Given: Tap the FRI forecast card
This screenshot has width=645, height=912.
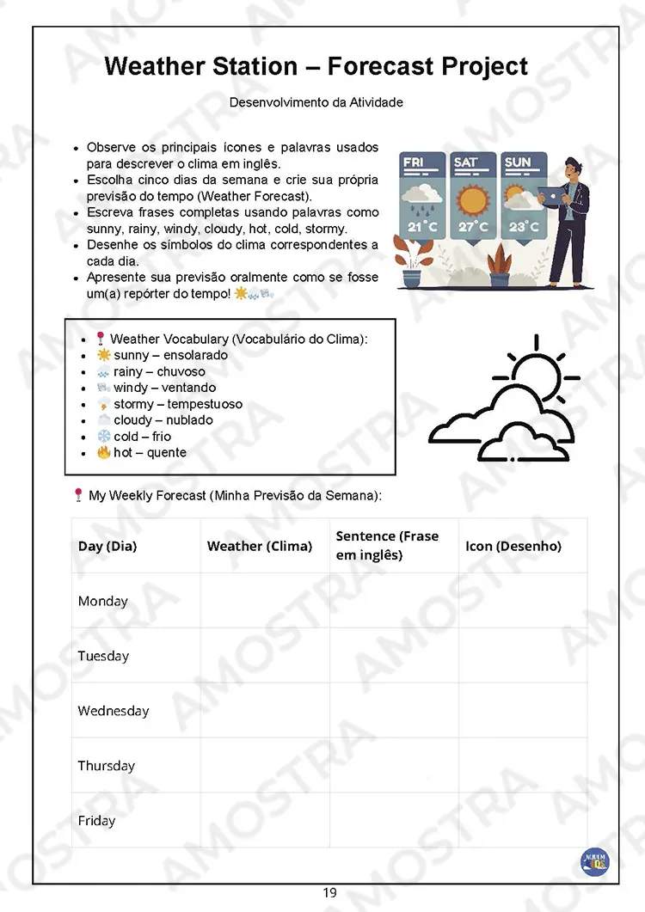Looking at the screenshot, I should (x=422, y=198).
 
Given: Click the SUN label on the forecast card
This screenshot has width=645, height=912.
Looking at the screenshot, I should (x=518, y=162).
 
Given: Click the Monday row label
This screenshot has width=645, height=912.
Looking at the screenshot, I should (x=102, y=601).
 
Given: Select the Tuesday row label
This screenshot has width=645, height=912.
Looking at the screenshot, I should (x=103, y=656).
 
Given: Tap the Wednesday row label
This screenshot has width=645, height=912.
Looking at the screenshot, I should (x=113, y=711).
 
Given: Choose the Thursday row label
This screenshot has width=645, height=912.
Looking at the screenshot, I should (x=106, y=766).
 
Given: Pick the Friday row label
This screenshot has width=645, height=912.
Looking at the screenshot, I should (x=96, y=821).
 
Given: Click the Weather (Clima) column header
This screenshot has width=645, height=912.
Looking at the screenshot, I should (x=259, y=546).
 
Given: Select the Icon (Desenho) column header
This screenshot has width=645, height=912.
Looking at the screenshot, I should (x=513, y=546).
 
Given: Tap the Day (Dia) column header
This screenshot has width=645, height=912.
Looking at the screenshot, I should (x=107, y=546).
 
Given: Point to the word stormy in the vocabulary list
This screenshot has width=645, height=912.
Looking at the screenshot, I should (x=133, y=404).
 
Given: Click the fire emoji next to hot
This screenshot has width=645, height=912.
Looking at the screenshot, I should (x=103, y=452).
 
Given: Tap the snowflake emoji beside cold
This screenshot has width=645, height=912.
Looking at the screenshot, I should (x=103, y=437).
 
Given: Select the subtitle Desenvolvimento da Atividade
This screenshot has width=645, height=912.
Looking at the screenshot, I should (x=316, y=102).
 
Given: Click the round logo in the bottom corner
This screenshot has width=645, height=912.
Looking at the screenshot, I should (x=594, y=860).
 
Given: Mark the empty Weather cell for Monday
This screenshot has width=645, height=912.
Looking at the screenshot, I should (x=264, y=601).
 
